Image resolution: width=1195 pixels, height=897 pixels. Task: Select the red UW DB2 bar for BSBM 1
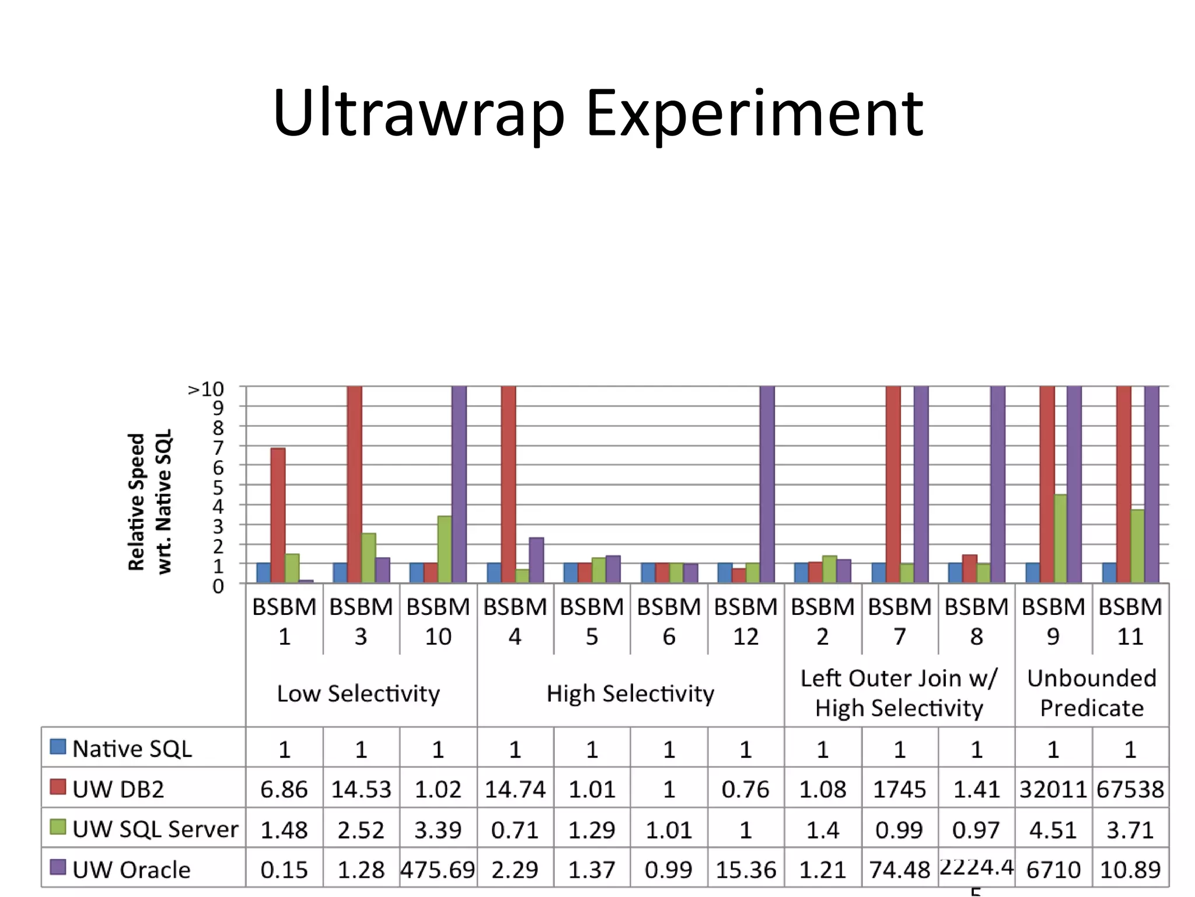click(x=278, y=514)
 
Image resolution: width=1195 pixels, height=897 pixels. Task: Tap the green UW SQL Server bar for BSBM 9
click(x=1060, y=538)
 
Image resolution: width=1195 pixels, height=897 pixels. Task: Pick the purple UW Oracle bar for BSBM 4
click(x=536, y=559)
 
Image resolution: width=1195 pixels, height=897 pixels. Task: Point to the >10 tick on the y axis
click(x=206, y=389)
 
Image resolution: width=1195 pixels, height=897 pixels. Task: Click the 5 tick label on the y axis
click(x=218, y=486)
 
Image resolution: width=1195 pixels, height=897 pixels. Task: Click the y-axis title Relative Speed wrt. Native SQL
click(x=150, y=502)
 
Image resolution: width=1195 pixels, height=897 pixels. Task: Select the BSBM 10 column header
click(x=438, y=621)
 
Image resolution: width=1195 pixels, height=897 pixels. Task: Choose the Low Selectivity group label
click(x=358, y=693)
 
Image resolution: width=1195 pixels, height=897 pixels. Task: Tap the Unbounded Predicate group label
click(x=1091, y=693)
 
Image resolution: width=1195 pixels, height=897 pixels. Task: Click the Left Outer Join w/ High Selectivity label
click(x=899, y=693)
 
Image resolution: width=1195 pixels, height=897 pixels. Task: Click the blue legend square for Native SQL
click(x=58, y=746)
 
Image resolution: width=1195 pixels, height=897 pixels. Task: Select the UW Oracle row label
click(x=131, y=870)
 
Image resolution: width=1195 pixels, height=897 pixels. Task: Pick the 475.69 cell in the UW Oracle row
click(x=438, y=870)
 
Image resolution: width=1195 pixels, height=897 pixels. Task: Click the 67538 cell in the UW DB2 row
click(x=1130, y=789)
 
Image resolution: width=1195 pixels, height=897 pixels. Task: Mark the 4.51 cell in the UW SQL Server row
click(x=1053, y=830)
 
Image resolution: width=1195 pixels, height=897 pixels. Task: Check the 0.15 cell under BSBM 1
click(x=284, y=870)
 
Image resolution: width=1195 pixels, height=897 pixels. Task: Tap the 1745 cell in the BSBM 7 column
click(x=899, y=789)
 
